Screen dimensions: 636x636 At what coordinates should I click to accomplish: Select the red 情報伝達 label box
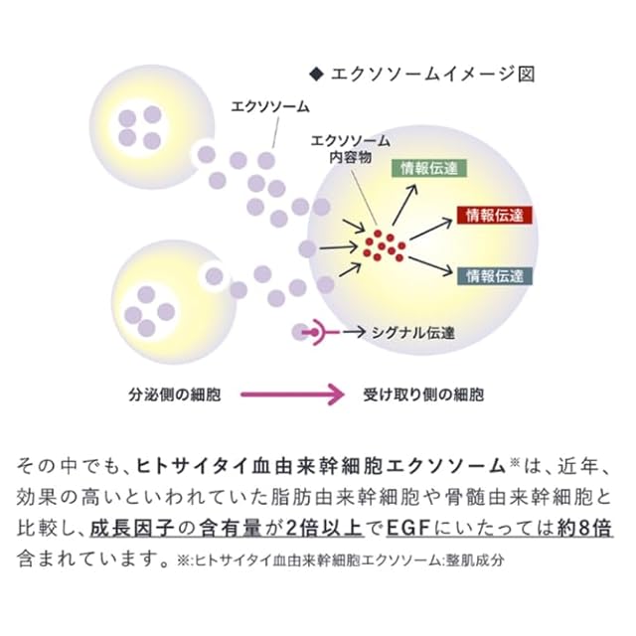(x=495, y=216)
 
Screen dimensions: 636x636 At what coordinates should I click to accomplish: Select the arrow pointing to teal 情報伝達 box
(x=430, y=263)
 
